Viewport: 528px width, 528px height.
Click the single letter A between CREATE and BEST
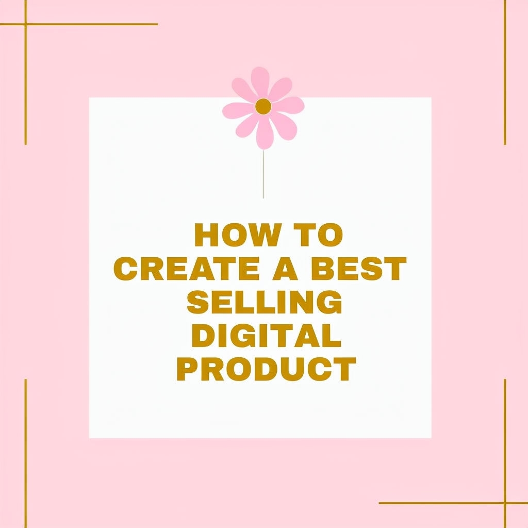coord(285,268)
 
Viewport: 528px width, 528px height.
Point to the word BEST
coord(359,268)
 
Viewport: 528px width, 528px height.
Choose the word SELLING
coord(265,302)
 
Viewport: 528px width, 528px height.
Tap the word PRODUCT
coord(267,369)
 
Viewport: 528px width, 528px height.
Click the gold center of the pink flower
coord(263,106)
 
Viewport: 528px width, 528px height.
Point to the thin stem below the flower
coord(263,174)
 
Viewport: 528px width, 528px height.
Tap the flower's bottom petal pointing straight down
coord(265,134)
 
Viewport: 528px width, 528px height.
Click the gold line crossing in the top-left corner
coord(26,24)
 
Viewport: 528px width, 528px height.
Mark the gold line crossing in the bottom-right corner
coord(505,503)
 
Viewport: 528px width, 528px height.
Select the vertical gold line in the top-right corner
coord(505,72)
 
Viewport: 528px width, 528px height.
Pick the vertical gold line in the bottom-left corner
coord(26,453)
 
